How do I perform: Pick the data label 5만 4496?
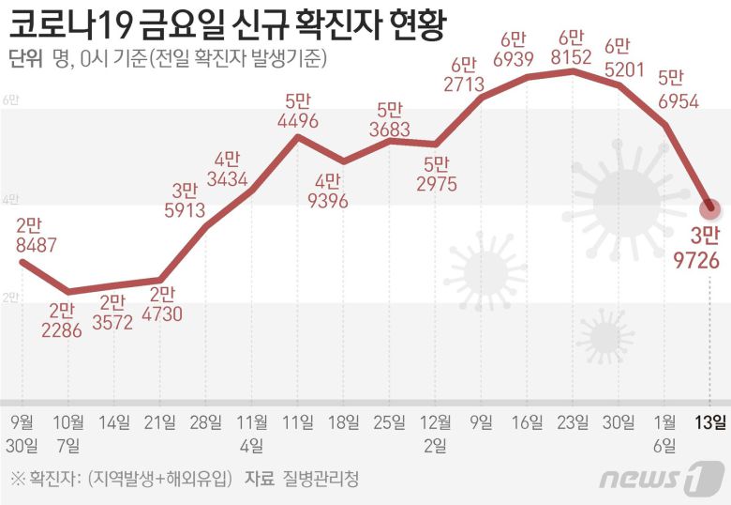pyautogui.click(x=298, y=110)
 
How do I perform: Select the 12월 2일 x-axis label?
pyautogui.click(x=436, y=433)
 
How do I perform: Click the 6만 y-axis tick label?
pyautogui.click(x=10, y=100)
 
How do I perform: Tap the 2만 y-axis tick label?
pyautogui.click(x=10, y=298)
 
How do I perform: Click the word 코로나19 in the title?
pyautogui.click(x=67, y=23)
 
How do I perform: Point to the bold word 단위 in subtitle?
pyautogui.click(x=24, y=59)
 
